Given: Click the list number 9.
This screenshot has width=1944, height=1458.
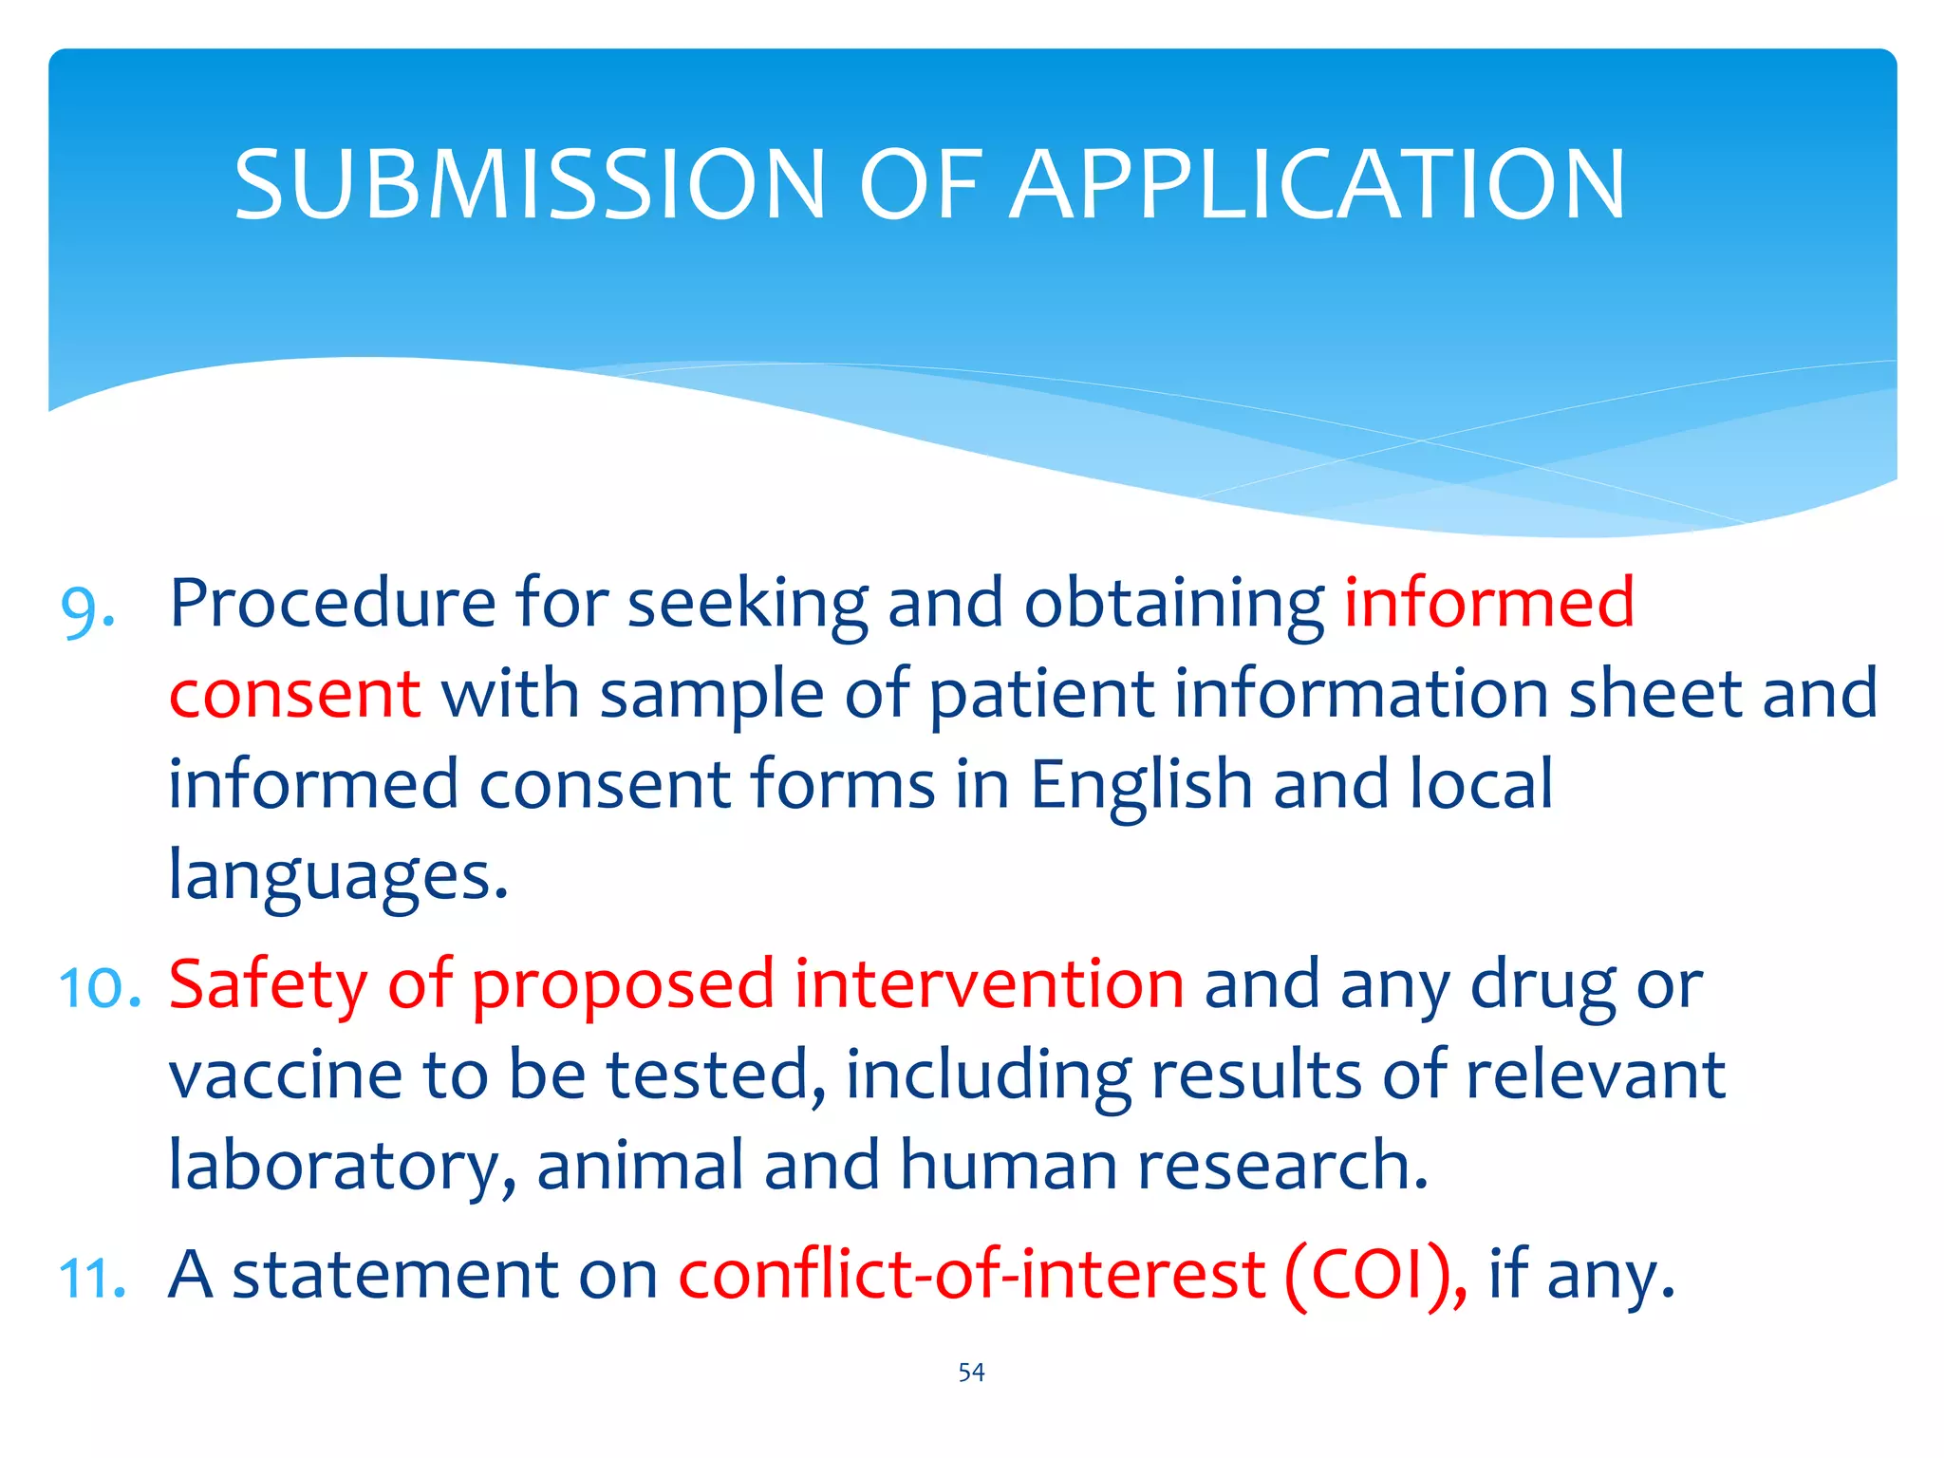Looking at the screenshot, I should pyautogui.click(x=87, y=607).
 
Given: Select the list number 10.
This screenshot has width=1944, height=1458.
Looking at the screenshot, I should pyautogui.click(x=100, y=987).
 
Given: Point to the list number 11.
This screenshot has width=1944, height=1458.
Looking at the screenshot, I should pyautogui.click(x=92, y=1278).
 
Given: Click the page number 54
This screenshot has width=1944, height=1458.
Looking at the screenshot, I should pyautogui.click(x=971, y=1373).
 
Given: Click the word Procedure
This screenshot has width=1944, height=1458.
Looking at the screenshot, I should pyautogui.click(x=332, y=604).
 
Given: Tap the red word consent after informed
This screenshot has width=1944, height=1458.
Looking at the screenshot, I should pyautogui.click(x=294, y=694).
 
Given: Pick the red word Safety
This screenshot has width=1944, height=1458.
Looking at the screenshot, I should pyautogui.click(x=268, y=985).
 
